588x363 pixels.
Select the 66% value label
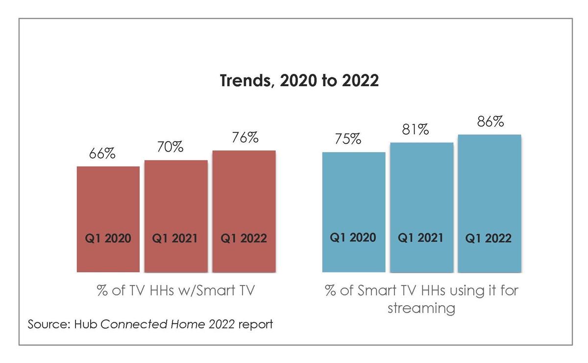click(102, 153)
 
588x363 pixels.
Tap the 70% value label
click(170, 147)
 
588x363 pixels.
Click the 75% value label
click(348, 139)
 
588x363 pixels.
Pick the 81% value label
click(416, 130)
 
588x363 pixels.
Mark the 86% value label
click(490, 121)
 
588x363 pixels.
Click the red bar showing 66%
click(108, 206)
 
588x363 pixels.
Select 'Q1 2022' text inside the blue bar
click(489, 239)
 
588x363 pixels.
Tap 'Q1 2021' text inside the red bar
click(175, 239)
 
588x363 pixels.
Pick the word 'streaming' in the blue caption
click(421, 308)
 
